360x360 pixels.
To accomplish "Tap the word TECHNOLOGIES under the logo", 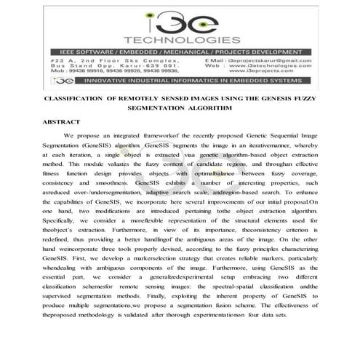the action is pyautogui.click(x=180, y=39).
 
